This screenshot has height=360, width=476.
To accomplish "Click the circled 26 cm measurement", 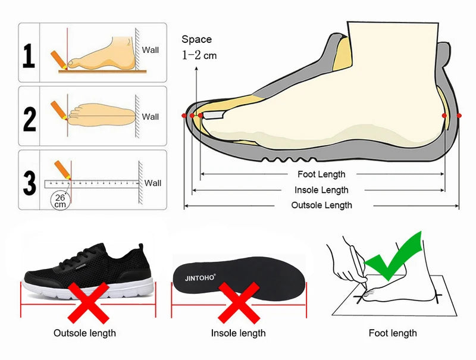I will tap(60, 200).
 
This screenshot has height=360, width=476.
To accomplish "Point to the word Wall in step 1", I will tap(151, 50).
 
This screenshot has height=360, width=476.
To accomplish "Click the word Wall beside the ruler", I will tap(153, 183).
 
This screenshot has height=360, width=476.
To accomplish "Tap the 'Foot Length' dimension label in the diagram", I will tap(321, 174).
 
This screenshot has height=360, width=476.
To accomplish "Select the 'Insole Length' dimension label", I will tap(321, 190).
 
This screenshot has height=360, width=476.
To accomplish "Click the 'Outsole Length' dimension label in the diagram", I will tap(321, 205).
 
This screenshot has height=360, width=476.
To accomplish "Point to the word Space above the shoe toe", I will tap(196, 40).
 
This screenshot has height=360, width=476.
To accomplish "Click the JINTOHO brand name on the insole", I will tap(198, 276).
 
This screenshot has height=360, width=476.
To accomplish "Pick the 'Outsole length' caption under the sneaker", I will tap(84, 333).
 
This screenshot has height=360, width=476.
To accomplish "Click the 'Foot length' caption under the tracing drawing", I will tap(393, 333).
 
